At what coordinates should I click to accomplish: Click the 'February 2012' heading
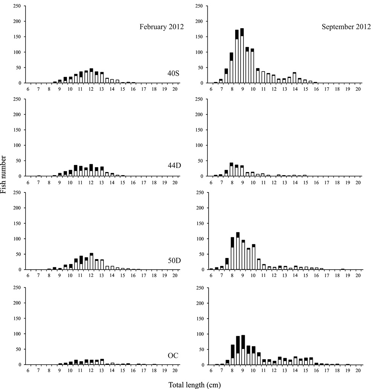161,27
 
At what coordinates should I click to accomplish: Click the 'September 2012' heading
346,27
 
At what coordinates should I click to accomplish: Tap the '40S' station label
173,73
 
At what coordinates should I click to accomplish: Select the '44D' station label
174,165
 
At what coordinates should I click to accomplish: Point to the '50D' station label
174,261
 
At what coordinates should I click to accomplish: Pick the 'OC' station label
173,355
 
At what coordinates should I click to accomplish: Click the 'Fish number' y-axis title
3,174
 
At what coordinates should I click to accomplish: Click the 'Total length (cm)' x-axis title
195,385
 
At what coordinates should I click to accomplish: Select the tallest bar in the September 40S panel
242,56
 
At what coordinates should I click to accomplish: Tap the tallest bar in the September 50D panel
238,251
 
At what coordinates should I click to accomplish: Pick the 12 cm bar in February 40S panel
91,76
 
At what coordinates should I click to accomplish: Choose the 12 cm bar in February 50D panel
91,261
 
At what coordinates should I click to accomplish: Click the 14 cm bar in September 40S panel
294,78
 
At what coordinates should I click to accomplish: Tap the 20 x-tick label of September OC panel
358,370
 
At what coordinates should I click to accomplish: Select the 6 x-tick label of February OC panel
28,370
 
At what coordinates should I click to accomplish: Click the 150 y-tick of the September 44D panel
199,130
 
